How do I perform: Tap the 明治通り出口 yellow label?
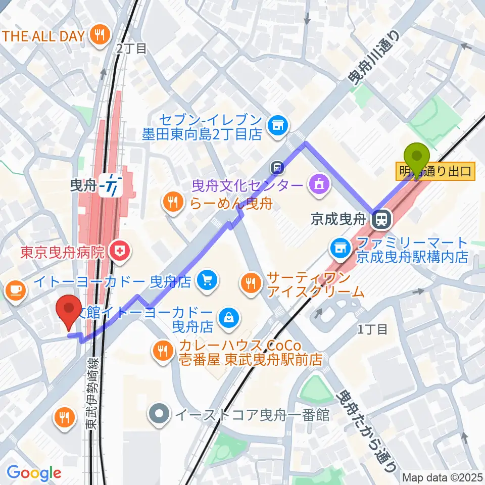click(x=434, y=172)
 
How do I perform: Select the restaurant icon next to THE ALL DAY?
click(x=98, y=35)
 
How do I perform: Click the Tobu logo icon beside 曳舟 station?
click(x=110, y=186)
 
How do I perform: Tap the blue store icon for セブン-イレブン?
click(x=277, y=124)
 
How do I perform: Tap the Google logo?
click(x=34, y=473)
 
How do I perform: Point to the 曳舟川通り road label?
click(x=374, y=57)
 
